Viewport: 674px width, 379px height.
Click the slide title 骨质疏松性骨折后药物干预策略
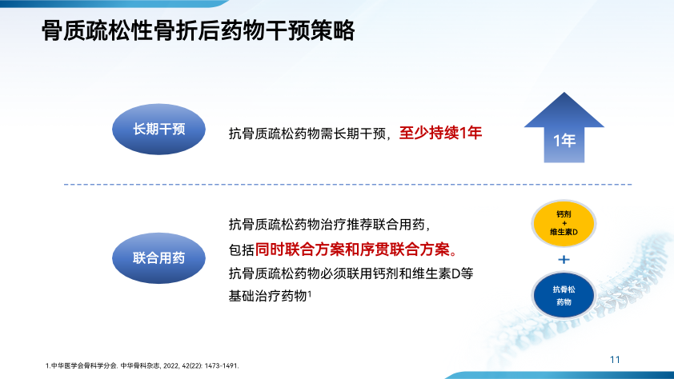(x=199, y=30)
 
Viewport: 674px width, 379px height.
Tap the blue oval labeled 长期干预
(x=158, y=129)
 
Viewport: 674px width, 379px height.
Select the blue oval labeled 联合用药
(x=158, y=258)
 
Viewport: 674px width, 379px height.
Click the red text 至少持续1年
(x=440, y=133)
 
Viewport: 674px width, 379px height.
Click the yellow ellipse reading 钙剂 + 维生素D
(x=564, y=223)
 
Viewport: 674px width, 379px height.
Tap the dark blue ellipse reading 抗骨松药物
(x=564, y=295)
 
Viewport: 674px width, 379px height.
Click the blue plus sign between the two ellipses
(x=564, y=259)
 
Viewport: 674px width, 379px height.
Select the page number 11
(x=615, y=360)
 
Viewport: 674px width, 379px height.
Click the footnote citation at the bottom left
(x=142, y=365)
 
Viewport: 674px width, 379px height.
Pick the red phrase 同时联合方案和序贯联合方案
(x=352, y=249)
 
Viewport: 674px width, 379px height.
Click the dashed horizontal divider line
(x=347, y=185)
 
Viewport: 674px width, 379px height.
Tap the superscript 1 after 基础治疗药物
(x=310, y=293)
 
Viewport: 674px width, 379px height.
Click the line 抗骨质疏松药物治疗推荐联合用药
(x=329, y=225)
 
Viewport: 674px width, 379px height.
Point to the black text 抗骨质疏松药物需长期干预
(x=307, y=134)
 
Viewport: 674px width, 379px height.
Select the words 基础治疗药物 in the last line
(x=267, y=296)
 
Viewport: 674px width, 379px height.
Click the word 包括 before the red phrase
(x=241, y=249)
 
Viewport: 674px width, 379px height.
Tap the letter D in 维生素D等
(x=455, y=273)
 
